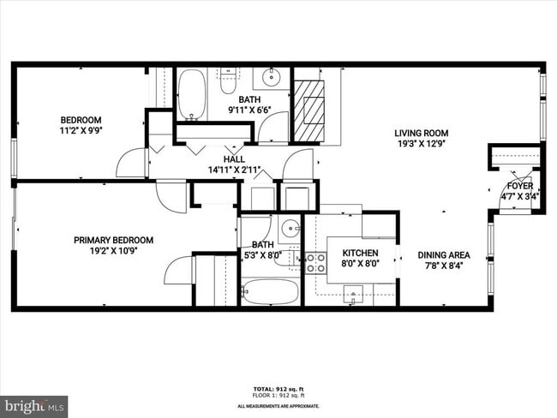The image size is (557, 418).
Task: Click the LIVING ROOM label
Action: click(x=421, y=133)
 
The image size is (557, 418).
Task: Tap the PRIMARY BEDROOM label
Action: click(x=113, y=240)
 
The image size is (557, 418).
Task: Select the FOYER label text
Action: click(x=519, y=186)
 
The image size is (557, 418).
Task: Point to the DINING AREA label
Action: click(x=444, y=254)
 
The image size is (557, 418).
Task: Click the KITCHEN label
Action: click(x=361, y=254)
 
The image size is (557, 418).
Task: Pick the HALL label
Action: click(x=234, y=159)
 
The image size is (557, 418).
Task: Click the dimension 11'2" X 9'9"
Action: click(x=81, y=131)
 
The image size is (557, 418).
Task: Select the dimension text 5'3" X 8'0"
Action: click(x=261, y=254)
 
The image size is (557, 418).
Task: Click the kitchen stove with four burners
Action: click(x=315, y=262)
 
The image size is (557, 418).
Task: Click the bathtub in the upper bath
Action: click(x=192, y=94)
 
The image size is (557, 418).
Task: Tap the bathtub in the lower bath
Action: click(x=270, y=293)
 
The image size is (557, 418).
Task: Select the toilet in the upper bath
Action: click(x=228, y=82)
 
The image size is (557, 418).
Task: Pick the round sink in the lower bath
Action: click(x=290, y=228)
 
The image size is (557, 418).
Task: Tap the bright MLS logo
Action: click(x=34, y=403)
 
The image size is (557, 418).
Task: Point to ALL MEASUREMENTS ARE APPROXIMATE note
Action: click(x=278, y=405)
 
